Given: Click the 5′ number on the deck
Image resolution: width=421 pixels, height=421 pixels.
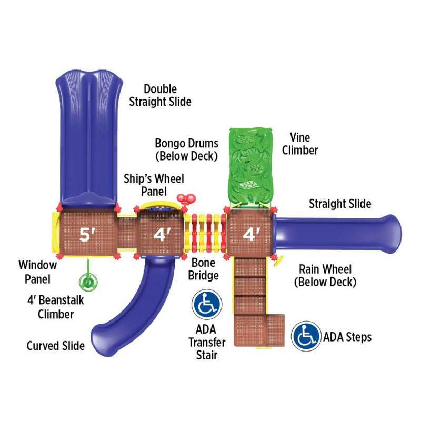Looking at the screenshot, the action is (x=87, y=234).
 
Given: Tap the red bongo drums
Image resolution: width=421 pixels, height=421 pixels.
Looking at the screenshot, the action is (x=186, y=199).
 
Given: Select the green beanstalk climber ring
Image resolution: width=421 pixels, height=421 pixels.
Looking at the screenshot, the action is (x=88, y=282).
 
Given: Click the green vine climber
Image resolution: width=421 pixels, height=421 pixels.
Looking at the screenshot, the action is (x=251, y=166).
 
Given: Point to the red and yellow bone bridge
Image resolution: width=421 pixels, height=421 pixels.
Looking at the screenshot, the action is (x=205, y=233).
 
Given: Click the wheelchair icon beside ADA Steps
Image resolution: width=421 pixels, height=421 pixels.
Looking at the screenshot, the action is (x=306, y=336).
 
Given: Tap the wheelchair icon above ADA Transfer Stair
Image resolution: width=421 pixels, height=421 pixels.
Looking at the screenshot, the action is (x=207, y=304).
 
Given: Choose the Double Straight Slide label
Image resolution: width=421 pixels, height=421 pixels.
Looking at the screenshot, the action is (x=161, y=95).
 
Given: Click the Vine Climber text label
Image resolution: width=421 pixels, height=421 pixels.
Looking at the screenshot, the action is (x=300, y=144).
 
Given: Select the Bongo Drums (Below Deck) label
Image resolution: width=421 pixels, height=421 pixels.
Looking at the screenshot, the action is (x=187, y=150).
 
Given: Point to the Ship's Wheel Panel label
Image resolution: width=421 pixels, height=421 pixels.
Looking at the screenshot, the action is (x=154, y=185).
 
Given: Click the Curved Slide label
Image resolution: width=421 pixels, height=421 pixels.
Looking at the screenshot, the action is (x=56, y=346).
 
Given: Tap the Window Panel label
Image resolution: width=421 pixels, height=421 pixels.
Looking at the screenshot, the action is (x=37, y=272).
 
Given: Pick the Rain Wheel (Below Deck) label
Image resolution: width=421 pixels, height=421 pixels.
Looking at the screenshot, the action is (x=325, y=275).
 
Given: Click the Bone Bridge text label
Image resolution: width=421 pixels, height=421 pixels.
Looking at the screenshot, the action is (x=203, y=269).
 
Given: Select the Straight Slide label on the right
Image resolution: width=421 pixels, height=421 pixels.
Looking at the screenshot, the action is (x=340, y=204).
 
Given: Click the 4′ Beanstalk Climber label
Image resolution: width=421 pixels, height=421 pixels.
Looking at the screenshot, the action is (x=56, y=307).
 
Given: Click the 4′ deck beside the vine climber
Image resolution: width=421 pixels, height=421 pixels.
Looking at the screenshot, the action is (x=249, y=233).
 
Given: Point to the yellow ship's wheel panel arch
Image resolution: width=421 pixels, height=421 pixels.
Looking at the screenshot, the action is (x=161, y=205).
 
